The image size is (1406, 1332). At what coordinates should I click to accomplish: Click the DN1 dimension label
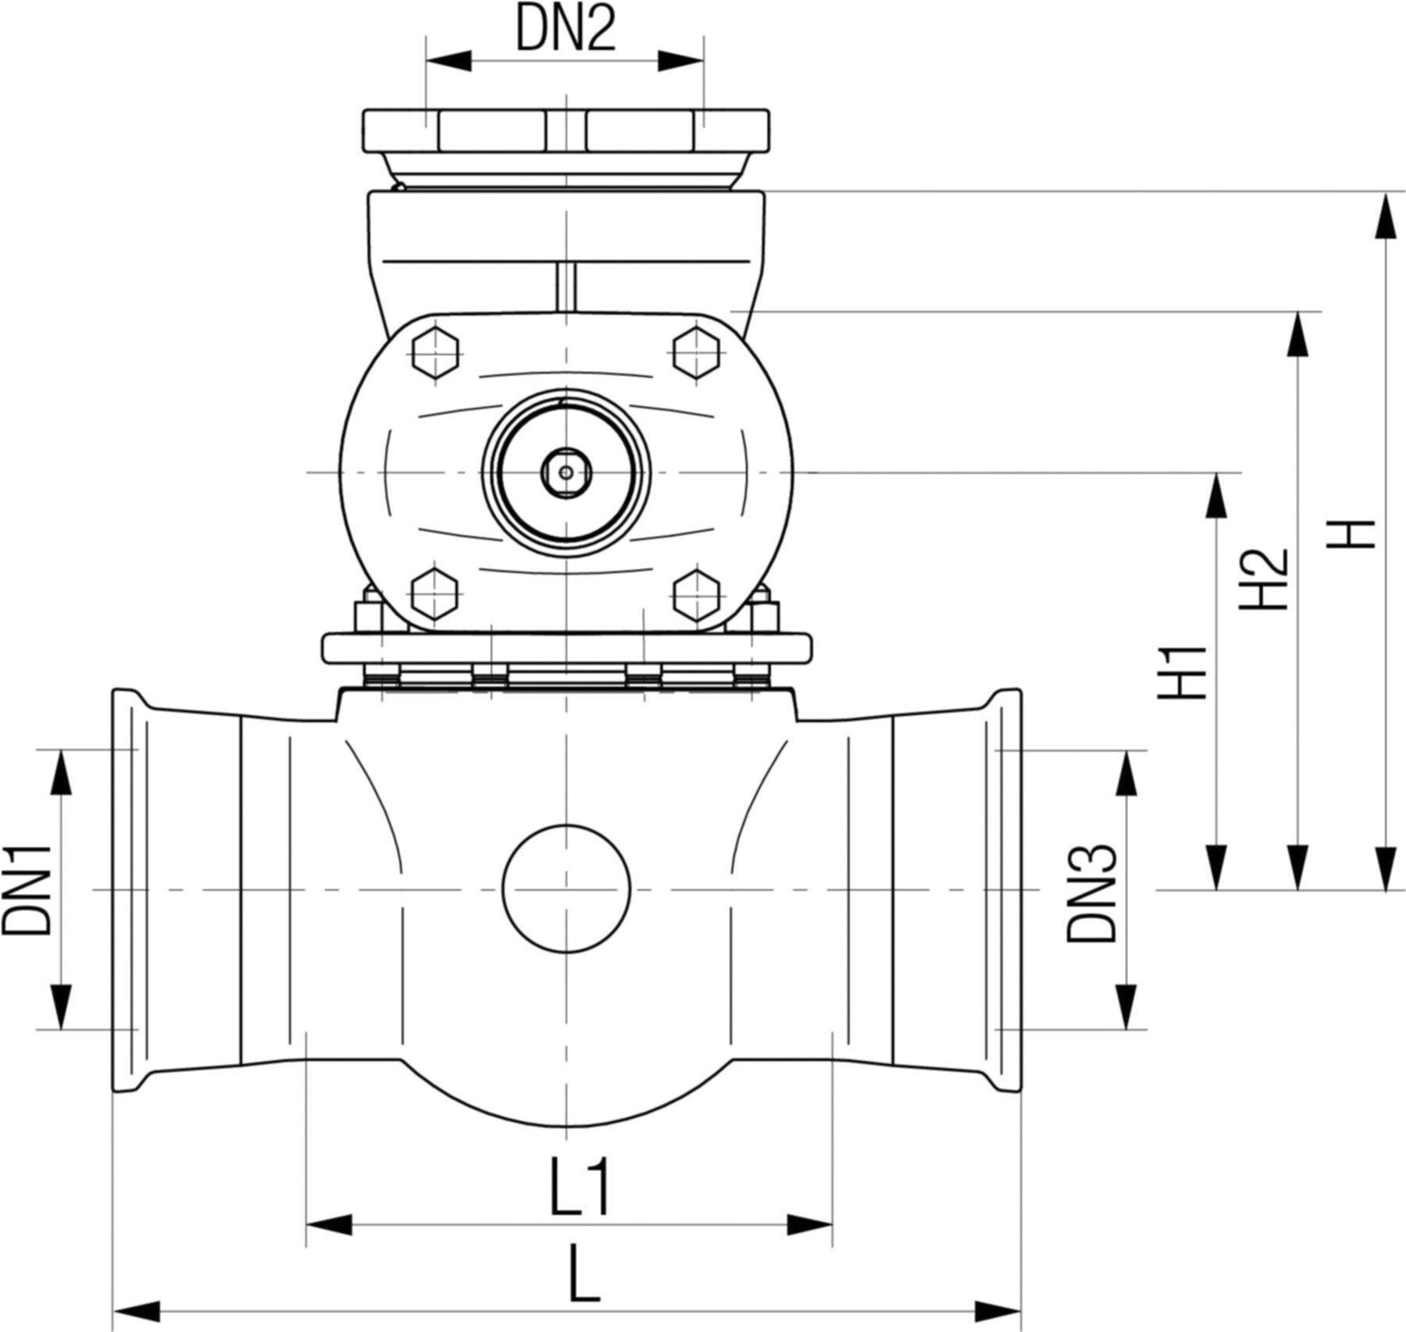pos(27,889)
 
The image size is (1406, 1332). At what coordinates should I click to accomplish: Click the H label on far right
pos(1351,534)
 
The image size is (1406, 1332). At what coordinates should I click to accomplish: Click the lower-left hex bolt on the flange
pos(434,595)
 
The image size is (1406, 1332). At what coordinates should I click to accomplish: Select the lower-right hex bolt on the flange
pos(695,595)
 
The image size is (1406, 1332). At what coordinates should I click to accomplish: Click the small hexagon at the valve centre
pos(565,471)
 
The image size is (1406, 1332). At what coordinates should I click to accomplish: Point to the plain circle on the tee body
pos(566,889)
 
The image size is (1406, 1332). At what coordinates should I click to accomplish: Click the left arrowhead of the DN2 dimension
pos(448,61)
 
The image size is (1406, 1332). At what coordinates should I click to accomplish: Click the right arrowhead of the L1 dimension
pos(809,1224)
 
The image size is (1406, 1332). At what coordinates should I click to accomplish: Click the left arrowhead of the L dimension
pos(137,1309)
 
